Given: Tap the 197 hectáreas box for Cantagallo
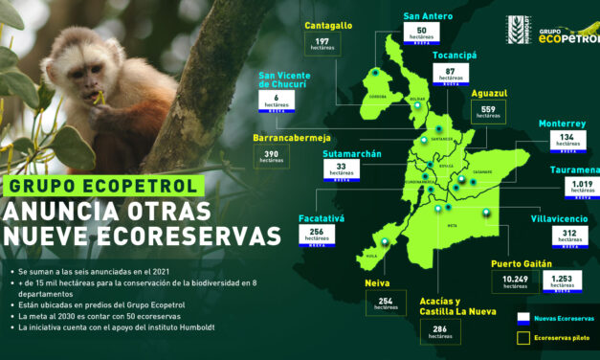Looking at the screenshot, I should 322,42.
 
